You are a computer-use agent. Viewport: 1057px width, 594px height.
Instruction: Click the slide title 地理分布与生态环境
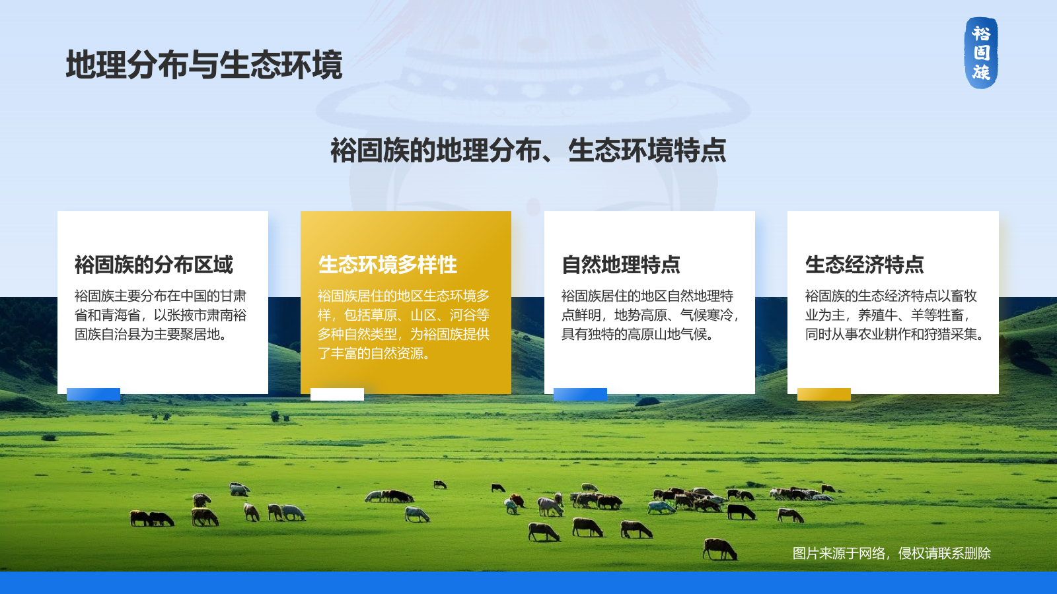(204, 65)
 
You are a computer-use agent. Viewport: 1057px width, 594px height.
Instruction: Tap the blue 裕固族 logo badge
(981, 53)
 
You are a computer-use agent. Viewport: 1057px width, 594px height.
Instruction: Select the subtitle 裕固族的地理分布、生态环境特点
(528, 150)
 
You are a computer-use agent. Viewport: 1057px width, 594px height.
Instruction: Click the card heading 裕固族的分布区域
(154, 265)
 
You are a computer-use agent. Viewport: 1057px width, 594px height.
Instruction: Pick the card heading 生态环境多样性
(388, 265)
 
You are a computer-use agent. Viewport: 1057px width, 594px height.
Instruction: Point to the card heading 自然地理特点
(621, 265)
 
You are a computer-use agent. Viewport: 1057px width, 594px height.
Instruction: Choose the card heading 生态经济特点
(865, 265)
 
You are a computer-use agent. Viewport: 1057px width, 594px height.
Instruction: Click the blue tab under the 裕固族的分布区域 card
(93, 394)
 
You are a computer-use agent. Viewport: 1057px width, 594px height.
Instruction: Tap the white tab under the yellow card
(337, 394)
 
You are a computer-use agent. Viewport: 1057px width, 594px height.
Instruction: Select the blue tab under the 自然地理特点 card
(581, 394)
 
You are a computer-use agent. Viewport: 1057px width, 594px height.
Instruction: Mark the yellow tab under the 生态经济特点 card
(824, 394)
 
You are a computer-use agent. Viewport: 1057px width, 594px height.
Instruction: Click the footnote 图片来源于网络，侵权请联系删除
(891, 553)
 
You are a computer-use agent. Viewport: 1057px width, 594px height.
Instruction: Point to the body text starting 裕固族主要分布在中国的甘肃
(161, 315)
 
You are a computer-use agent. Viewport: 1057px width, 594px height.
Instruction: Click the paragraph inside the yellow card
(404, 324)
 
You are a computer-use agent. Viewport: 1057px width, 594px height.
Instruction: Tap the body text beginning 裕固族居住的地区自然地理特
(650, 315)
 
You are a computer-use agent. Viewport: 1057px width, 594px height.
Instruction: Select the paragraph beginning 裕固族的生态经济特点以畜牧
(894, 315)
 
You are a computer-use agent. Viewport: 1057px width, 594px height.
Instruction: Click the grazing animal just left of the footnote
(719, 548)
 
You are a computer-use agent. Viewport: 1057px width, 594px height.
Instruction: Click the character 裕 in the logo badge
(981, 34)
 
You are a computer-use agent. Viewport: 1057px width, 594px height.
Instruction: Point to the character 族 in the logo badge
(981, 72)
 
